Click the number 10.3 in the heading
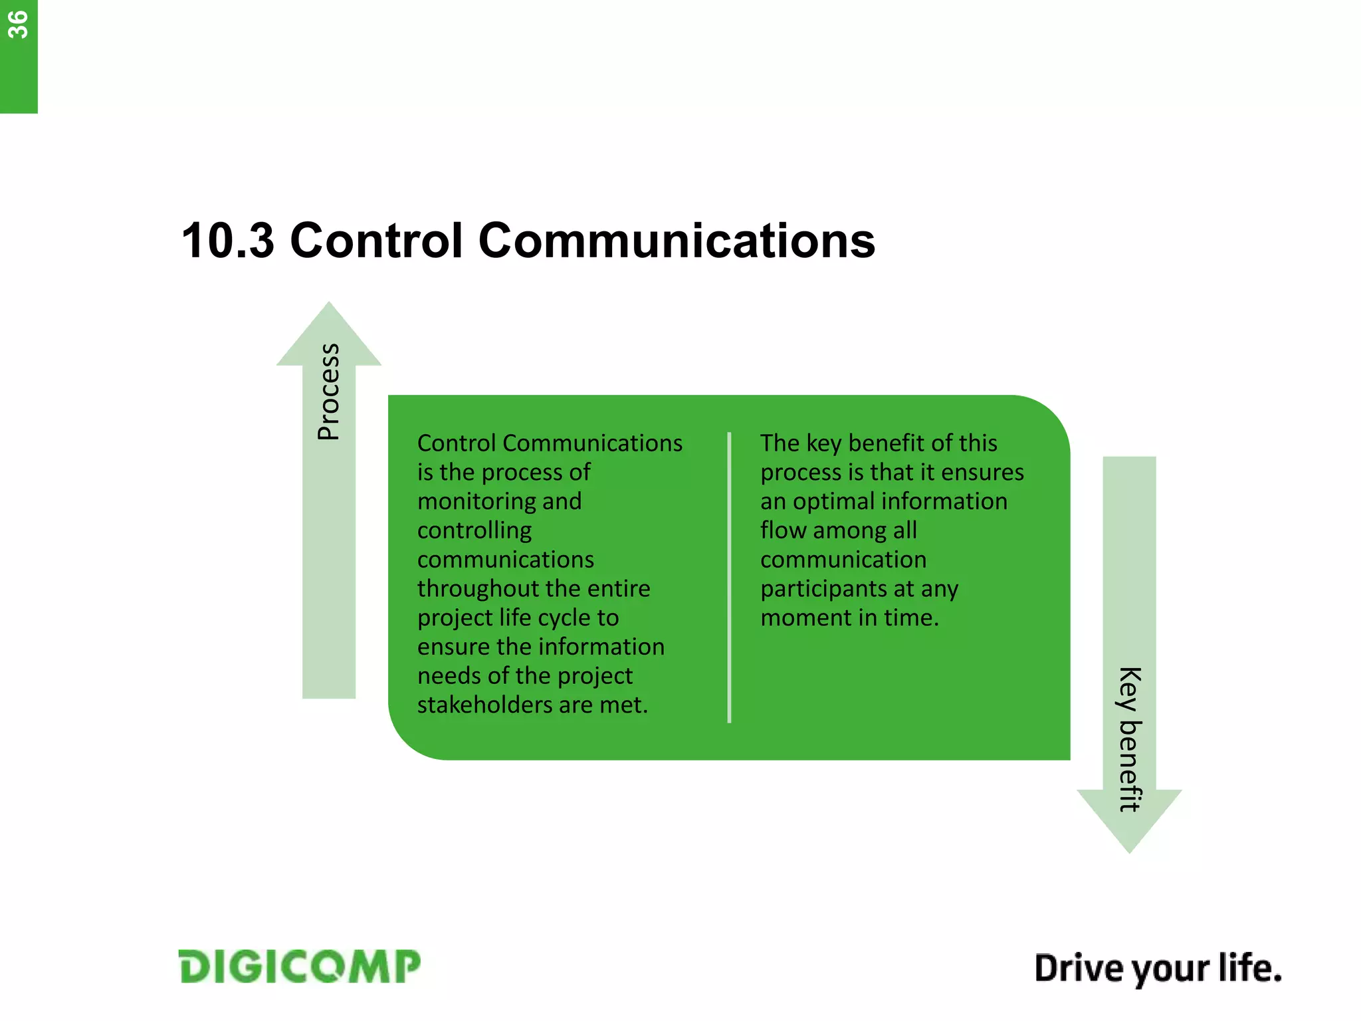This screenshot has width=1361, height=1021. tap(227, 241)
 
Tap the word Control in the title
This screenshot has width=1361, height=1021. tap(376, 241)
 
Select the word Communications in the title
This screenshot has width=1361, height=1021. tap(676, 241)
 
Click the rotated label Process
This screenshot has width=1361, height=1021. tap(329, 392)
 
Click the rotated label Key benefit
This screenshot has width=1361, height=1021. tap(1130, 739)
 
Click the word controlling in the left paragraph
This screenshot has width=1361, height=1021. tap(474, 530)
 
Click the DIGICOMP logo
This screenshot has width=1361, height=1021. tap(299, 966)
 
